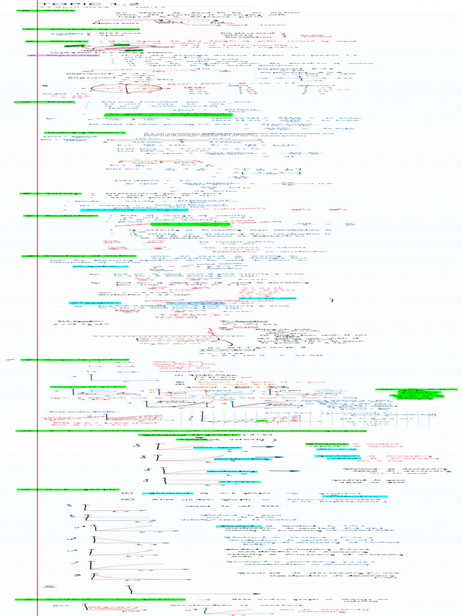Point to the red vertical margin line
coord(37,301)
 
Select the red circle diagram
coord(126,88)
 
